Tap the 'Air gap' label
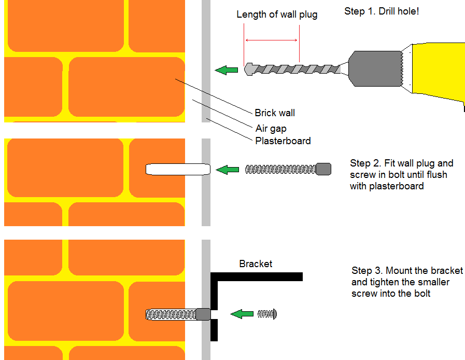(271, 128)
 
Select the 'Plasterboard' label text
(283, 141)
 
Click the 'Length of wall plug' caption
(277, 15)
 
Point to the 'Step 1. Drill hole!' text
(382, 11)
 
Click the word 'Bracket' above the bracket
(256, 264)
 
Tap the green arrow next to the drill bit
(226, 70)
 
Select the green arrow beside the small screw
(241, 313)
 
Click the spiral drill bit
(295, 69)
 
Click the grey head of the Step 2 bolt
(323, 169)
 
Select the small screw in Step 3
(267, 313)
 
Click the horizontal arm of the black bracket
(259, 276)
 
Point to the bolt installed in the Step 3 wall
(176, 314)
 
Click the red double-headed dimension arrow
(271, 40)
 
